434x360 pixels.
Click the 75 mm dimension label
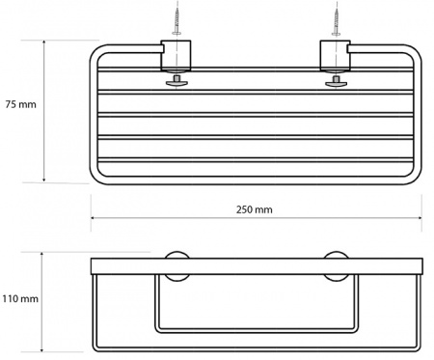[x=21, y=104]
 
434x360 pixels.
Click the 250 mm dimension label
[x=255, y=209]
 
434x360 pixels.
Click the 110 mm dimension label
[x=20, y=299]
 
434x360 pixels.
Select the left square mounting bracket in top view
[x=176, y=55]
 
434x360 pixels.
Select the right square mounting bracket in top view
[x=336, y=55]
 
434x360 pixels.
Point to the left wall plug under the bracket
[x=176, y=82]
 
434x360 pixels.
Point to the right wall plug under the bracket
[x=336, y=82]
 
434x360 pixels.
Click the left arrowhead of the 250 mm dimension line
[x=93, y=218]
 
